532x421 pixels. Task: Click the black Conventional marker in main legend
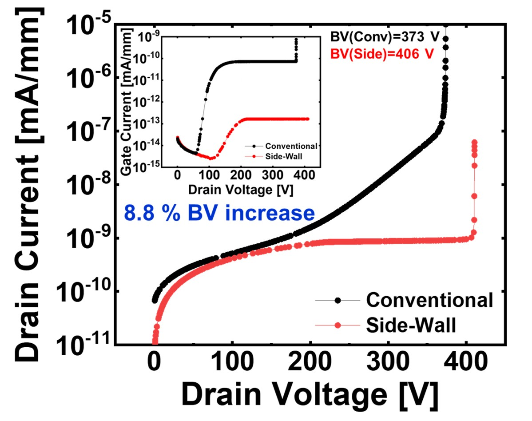338,300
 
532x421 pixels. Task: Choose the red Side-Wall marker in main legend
338,326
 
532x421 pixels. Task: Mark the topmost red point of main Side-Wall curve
474,143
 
